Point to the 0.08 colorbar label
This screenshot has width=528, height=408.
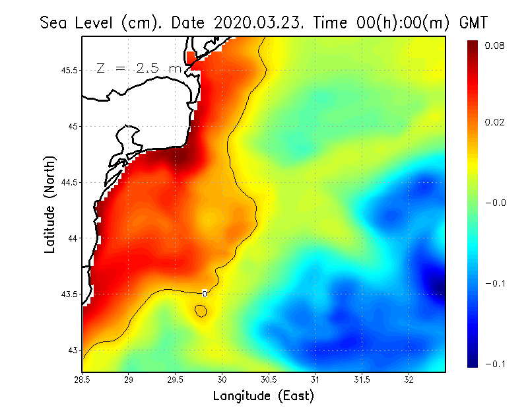pyautogui.click(x=494, y=46)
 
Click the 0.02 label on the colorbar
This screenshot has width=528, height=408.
pyautogui.click(x=494, y=123)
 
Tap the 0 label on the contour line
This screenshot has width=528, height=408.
pyautogui.click(x=205, y=293)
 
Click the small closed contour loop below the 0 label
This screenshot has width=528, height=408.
pyautogui.click(x=201, y=310)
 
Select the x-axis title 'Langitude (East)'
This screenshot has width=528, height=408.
pyautogui.click(x=263, y=395)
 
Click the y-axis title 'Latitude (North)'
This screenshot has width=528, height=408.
pyautogui.click(x=50, y=204)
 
